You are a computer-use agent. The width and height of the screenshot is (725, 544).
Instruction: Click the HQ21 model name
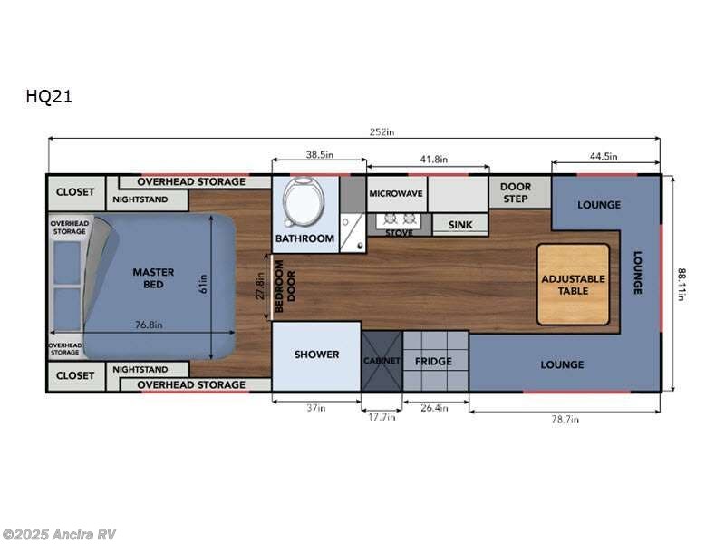[49, 97]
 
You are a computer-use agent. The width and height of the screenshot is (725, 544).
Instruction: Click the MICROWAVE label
[396, 194]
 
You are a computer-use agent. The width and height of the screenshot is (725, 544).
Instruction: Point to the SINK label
[460, 223]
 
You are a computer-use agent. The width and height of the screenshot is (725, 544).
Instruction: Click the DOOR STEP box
[515, 192]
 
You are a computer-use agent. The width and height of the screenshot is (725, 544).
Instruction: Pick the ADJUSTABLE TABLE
[573, 285]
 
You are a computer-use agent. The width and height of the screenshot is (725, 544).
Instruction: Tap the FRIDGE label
[433, 362]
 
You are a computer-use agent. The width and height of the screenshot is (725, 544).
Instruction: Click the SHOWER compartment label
[316, 355]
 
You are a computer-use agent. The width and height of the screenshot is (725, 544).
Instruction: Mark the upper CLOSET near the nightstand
[75, 192]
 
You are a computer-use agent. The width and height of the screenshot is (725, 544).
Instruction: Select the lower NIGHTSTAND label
[140, 370]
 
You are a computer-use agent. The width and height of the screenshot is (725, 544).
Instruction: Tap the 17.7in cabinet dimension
[382, 417]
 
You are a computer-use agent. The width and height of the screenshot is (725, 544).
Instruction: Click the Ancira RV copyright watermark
[59, 534]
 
